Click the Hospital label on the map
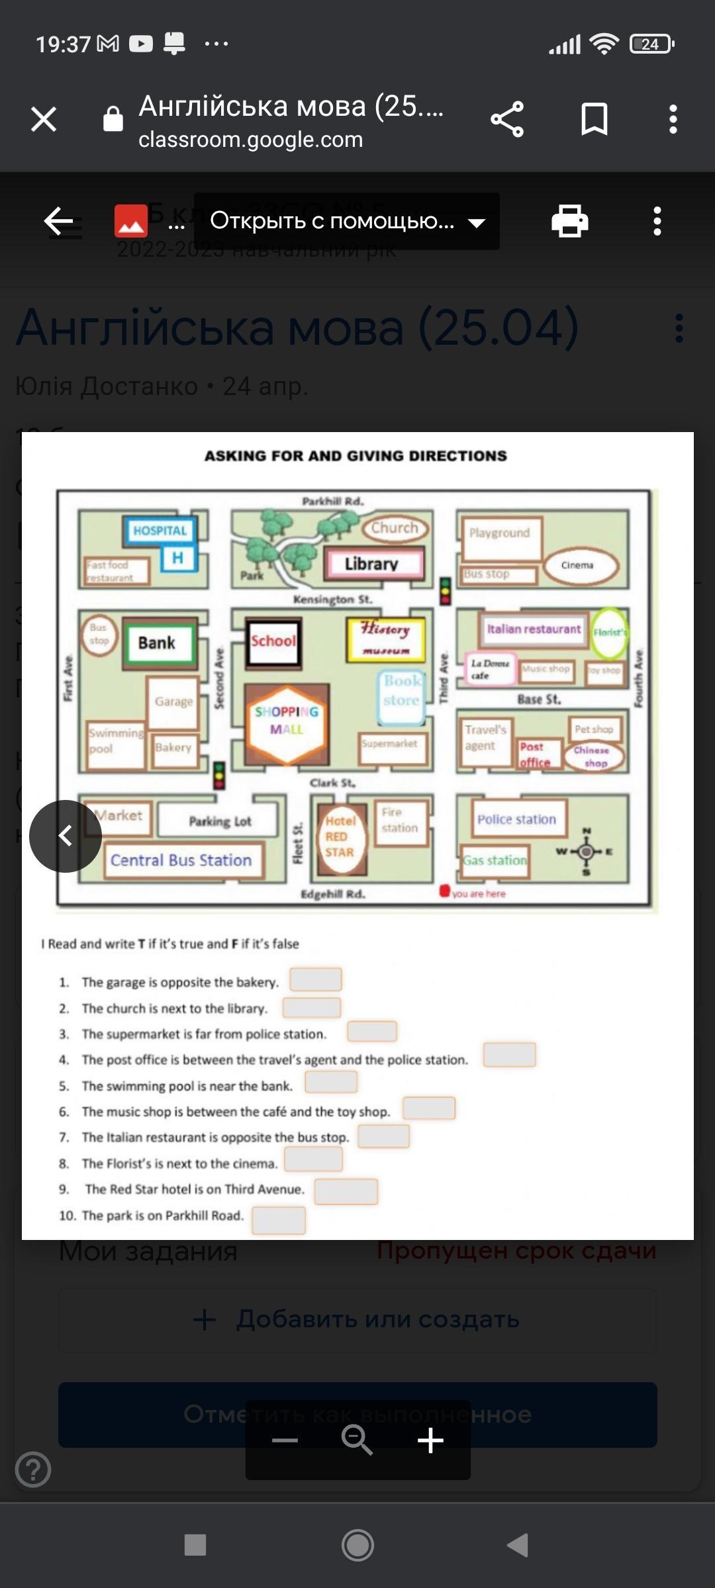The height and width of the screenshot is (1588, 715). click(160, 530)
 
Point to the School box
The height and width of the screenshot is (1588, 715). click(273, 641)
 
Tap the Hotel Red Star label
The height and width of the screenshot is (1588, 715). click(340, 836)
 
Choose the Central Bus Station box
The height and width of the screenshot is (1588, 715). click(181, 860)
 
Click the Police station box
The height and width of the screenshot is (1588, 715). click(517, 819)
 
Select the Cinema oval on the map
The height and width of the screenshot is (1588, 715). click(577, 565)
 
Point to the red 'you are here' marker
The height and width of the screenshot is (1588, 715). click(445, 891)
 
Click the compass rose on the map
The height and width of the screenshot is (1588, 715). click(586, 852)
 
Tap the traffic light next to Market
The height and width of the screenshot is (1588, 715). click(219, 775)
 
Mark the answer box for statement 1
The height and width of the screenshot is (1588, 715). click(316, 979)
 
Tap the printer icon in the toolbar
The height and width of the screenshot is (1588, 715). click(569, 221)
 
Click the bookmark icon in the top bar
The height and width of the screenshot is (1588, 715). click(594, 119)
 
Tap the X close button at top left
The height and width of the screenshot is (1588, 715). click(44, 119)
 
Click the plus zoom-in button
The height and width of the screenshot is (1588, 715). click(430, 1440)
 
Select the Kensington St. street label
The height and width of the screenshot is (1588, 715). click(332, 599)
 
